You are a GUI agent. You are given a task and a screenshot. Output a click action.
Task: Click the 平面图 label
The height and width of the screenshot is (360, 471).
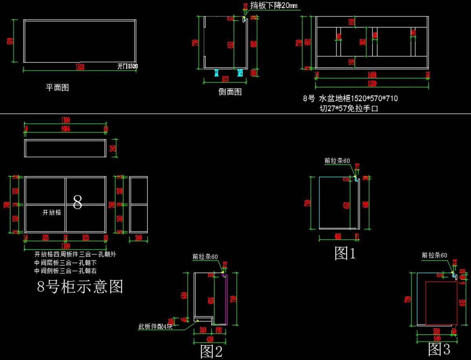click(x=57, y=88)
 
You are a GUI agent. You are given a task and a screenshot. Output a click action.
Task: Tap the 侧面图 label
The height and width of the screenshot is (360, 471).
click(x=230, y=92)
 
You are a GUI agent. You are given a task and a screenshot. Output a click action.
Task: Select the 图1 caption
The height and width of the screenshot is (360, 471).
click(x=345, y=253)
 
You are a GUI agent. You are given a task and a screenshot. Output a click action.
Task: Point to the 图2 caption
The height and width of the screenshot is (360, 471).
click(x=212, y=351)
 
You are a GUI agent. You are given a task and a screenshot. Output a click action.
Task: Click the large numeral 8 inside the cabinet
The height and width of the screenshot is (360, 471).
click(x=78, y=202)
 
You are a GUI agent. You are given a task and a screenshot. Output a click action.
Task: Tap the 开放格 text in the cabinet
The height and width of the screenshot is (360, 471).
click(x=52, y=212)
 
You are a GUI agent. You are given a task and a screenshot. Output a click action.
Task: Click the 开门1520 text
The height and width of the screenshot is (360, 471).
click(x=128, y=66)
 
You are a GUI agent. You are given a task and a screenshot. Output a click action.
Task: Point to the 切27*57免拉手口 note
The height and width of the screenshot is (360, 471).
click(x=349, y=109)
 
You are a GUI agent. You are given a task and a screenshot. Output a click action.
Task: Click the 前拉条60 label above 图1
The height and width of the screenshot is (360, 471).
click(x=337, y=161)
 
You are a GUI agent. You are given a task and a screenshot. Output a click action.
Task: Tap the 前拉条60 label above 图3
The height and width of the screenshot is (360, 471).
click(x=434, y=255)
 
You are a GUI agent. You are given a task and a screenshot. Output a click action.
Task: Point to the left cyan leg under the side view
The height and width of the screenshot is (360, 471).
click(x=216, y=72)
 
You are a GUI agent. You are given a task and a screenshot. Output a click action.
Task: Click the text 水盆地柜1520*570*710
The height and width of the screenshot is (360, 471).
click(x=358, y=99)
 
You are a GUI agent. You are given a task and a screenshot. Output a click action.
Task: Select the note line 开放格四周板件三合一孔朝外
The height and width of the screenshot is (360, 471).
click(x=75, y=254)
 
